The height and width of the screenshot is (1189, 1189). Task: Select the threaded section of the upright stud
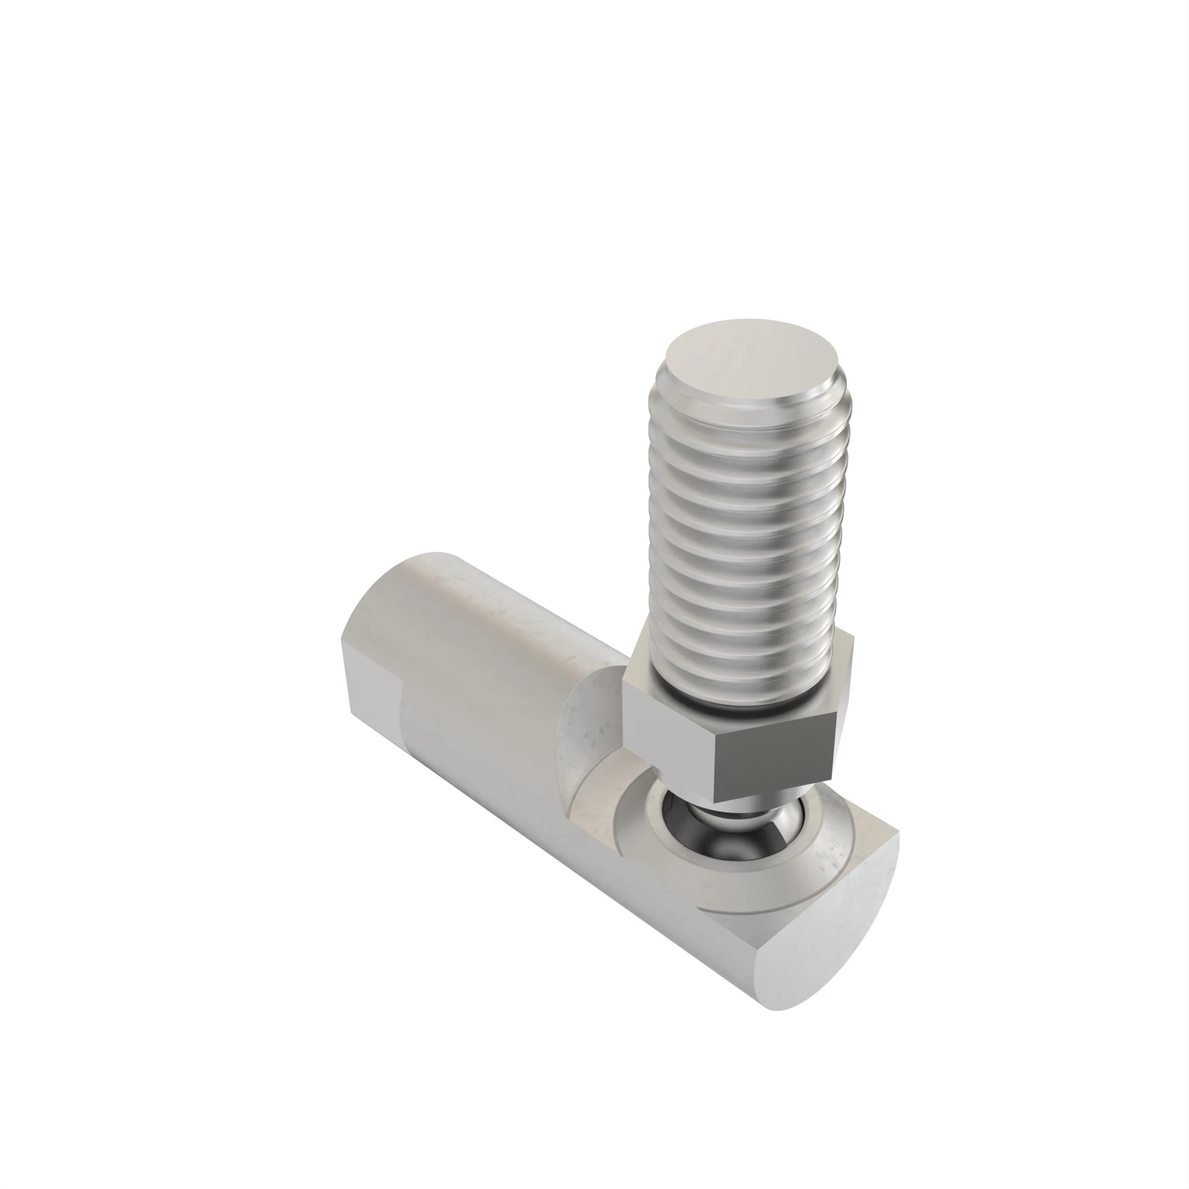pyautogui.click(x=748, y=542)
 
